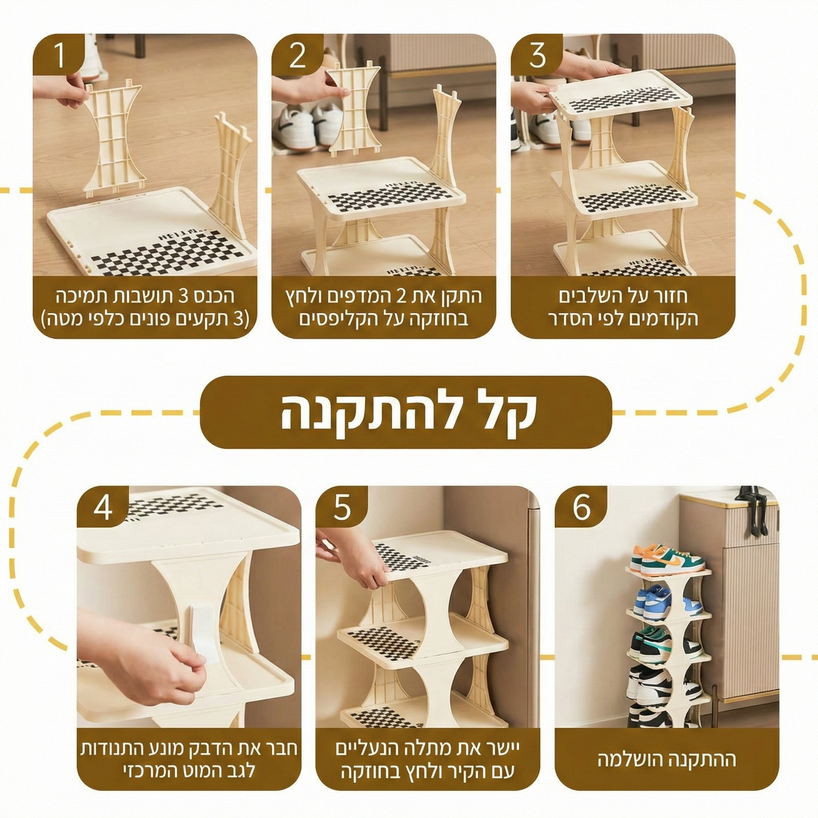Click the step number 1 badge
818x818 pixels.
click(x=58, y=55)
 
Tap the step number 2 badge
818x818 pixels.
click(x=297, y=55)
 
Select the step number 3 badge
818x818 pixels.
click(x=537, y=55)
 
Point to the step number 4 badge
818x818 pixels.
click(x=103, y=507)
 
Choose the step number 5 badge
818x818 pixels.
click(x=342, y=507)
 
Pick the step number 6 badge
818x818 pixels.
click(x=581, y=507)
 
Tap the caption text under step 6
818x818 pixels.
click(x=667, y=759)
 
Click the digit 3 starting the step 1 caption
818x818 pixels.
click(x=184, y=296)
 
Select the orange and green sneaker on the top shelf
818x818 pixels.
click(x=667, y=560)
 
